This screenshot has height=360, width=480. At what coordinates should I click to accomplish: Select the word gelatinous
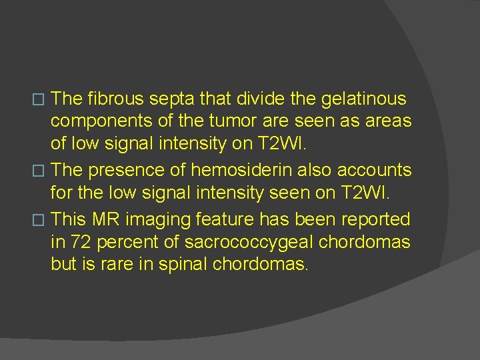pyautogui.click(x=364, y=100)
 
